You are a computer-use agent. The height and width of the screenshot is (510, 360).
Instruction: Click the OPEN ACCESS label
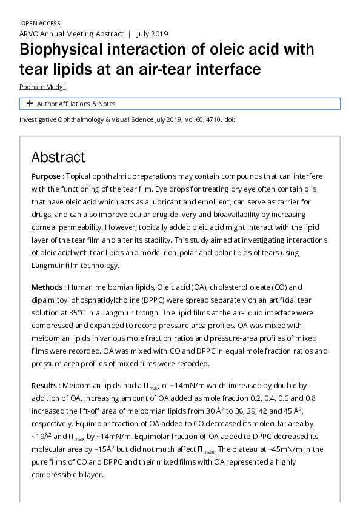tap(40, 23)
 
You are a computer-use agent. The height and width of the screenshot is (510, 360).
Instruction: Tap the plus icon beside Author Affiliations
tap(29, 104)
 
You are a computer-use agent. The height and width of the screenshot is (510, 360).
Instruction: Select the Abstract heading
tap(58, 157)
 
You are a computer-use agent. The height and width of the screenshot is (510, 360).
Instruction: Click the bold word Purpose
tap(46, 176)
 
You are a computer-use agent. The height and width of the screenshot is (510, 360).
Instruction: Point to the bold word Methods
tap(48, 287)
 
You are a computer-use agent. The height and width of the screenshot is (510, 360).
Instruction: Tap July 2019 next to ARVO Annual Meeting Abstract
tap(152, 34)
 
